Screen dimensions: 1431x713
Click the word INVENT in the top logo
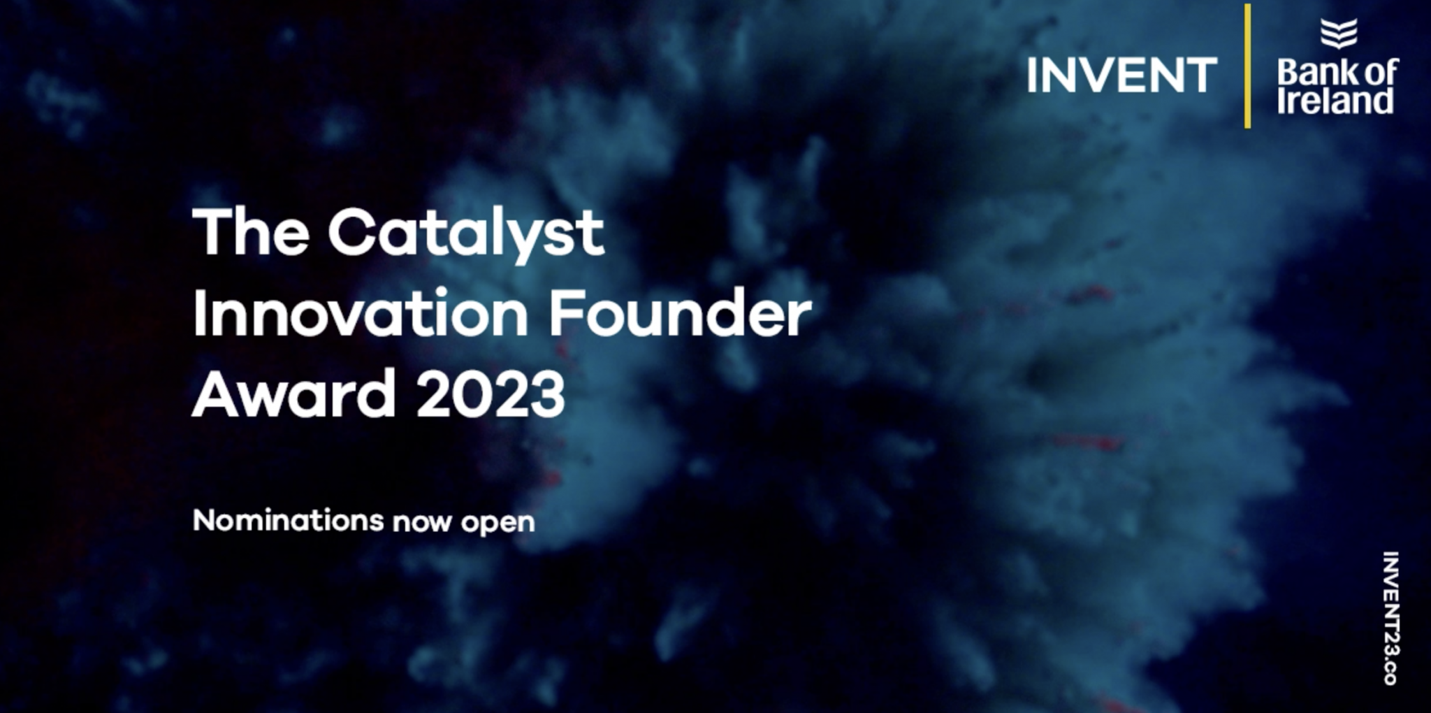(x=1122, y=75)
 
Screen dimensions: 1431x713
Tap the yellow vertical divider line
(x=1247, y=66)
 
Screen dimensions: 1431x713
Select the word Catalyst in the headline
(x=466, y=236)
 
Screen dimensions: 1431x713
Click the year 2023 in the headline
(x=491, y=394)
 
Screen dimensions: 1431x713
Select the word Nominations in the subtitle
(x=289, y=520)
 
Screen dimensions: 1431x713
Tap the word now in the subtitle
(x=422, y=523)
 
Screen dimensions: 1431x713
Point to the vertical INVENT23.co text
(x=1390, y=618)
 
